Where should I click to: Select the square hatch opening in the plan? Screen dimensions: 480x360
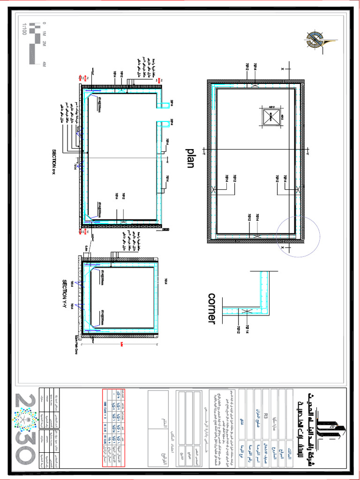[x=270, y=117]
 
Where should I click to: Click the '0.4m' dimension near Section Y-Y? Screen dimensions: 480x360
[x=87, y=248]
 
